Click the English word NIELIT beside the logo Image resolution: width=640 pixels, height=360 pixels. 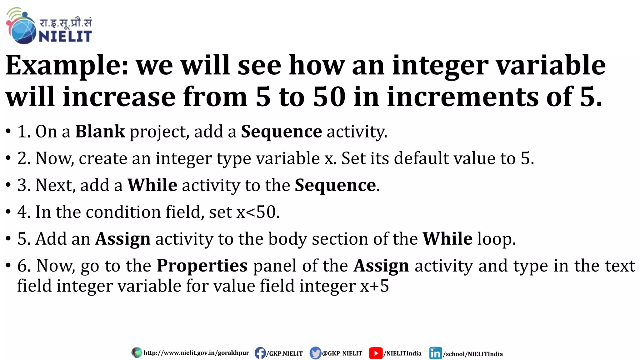[x=65, y=37]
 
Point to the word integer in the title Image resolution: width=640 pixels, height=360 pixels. [x=440, y=66]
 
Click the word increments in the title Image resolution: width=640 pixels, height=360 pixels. [x=462, y=97]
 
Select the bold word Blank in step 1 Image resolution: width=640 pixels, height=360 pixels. [x=100, y=131]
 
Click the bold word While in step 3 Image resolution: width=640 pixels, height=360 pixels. [x=152, y=185]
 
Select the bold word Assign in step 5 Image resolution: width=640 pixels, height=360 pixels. [x=122, y=239]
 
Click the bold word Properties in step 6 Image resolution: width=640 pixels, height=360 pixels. [x=202, y=266]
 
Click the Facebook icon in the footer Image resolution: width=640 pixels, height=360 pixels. [x=260, y=353]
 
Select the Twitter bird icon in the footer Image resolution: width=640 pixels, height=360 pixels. [x=315, y=353]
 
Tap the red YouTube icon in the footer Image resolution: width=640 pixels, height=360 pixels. [x=376, y=353]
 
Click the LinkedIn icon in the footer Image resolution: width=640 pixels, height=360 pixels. [x=435, y=353]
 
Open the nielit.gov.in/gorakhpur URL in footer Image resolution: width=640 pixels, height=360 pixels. [x=196, y=353]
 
